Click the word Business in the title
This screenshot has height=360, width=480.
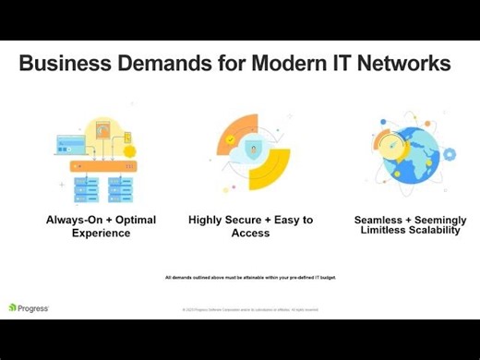pyautogui.click(x=64, y=66)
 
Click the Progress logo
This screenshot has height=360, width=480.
pyautogui.click(x=29, y=307)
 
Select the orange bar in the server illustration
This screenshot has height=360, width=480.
pyautogui.click(x=102, y=166)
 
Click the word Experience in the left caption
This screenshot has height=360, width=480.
pyautogui.click(x=102, y=233)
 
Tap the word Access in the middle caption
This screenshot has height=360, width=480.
pyautogui.click(x=251, y=233)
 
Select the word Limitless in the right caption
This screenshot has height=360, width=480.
pyautogui.click(x=386, y=231)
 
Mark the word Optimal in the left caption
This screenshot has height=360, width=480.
pyautogui.click(x=134, y=221)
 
